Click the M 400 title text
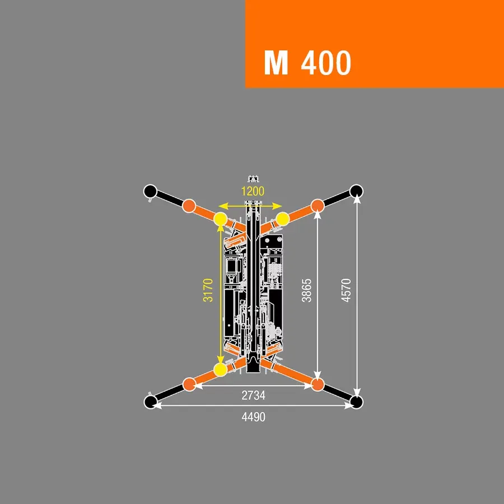(307, 63)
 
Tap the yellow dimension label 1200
(253, 192)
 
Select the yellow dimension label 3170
(208, 290)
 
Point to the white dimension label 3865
(306, 290)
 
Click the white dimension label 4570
(346, 290)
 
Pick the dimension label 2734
(253, 395)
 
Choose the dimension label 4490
(253, 417)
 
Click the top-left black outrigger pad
(150, 192)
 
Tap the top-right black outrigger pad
(356, 192)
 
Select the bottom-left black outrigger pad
(150, 402)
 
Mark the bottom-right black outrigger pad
(356, 402)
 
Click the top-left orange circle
(189, 206)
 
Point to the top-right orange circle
(318, 206)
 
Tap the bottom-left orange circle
(189, 384)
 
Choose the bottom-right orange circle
(318, 384)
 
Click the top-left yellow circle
(221, 219)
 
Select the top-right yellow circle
(283, 219)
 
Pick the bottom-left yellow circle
(221, 370)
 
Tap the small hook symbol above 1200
(253, 179)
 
